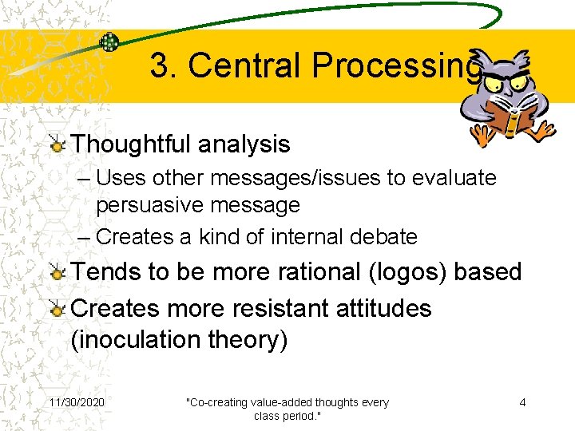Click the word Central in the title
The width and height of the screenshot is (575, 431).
pyautogui.click(x=248, y=66)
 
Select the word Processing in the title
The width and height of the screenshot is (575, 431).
pyautogui.click(x=397, y=66)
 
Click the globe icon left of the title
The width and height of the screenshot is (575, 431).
pyautogui.click(x=109, y=42)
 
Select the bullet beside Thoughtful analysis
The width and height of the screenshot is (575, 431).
pyautogui.click(x=57, y=144)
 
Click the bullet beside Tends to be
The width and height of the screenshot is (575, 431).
pyautogui.click(x=57, y=272)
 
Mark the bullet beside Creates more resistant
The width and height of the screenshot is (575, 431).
pyautogui.click(x=57, y=309)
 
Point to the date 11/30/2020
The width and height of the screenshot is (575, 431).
pyautogui.click(x=77, y=402)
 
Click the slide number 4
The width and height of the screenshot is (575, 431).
pyautogui.click(x=522, y=402)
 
